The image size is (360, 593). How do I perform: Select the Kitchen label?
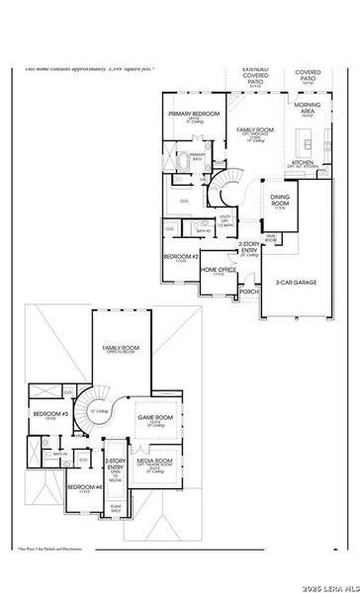pyautogui.click(x=302, y=161)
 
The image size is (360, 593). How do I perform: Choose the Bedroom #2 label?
pyautogui.click(x=181, y=257)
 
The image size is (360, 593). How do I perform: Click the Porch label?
pyautogui.click(x=249, y=292)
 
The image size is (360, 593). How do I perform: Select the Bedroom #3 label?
pyautogui.click(x=49, y=414)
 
